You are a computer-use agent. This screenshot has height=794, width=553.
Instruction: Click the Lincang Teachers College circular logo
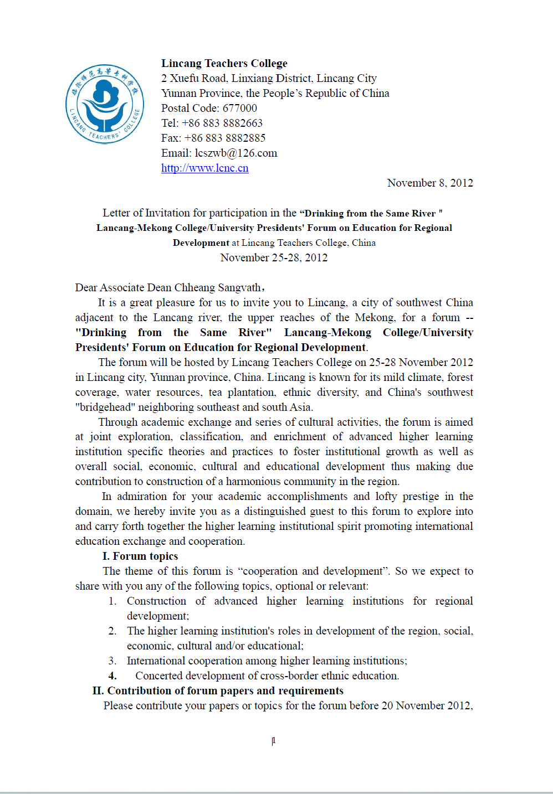coord(105,104)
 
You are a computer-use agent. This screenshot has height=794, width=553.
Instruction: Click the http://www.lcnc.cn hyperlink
coord(204,168)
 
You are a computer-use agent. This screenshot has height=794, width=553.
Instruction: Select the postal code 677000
coord(239,109)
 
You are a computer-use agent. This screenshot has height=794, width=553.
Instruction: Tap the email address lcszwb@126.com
coord(236,153)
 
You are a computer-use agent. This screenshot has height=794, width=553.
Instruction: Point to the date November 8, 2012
coord(429,183)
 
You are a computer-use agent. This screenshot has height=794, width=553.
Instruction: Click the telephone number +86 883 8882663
coord(222,123)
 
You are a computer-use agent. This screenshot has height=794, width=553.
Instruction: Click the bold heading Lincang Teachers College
coord(224,64)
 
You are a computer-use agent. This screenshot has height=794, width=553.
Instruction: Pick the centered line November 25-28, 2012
coord(274,258)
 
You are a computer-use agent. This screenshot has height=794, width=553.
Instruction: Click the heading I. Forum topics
coord(140,556)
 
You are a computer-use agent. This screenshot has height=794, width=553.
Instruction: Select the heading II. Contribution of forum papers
coord(218,691)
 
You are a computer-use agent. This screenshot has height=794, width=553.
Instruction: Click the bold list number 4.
coord(112,676)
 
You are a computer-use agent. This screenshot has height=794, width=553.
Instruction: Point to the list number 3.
coord(112,661)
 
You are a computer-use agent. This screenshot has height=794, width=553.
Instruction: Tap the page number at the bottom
coord(274,741)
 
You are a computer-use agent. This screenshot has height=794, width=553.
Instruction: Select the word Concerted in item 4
coord(158,676)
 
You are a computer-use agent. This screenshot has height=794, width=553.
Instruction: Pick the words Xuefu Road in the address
coord(198,79)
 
